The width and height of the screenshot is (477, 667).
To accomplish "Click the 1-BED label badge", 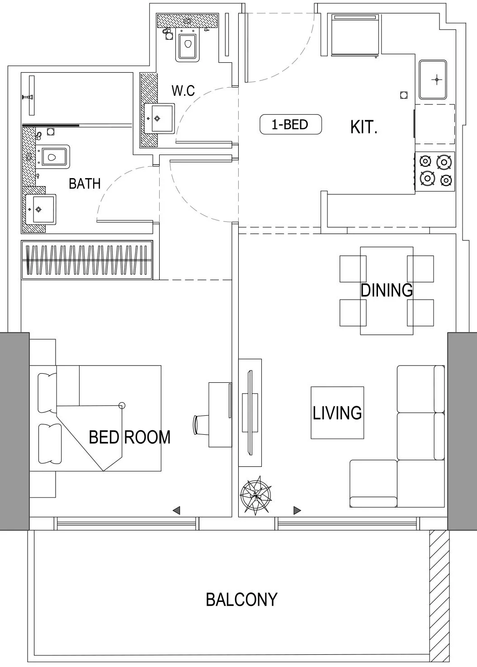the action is pyautogui.click(x=290, y=124).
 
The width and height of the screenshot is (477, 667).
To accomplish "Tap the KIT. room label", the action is pyautogui.click(x=364, y=127).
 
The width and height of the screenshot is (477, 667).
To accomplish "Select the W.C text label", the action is pyautogui.click(x=183, y=90).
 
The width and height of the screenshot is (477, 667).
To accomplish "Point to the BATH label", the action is pyautogui.click(x=85, y=183).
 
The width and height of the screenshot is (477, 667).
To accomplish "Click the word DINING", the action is pyautogui.click(x=387, y=290).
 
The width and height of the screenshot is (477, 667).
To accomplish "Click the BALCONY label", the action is pyautogui.click(x=241, y=599).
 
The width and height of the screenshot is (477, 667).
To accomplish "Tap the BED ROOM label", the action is pyautogui.click(x=130, y=437).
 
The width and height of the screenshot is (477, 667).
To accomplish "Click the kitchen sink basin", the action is pyautogui.click(x=433, y=80).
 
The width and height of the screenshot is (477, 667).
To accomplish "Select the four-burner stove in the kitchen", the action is pyautogui.click(x=434, y=172).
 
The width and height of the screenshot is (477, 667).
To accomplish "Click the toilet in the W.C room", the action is pyautogui.click(x=187, y=45).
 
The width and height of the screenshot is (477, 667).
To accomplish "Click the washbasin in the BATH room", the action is pyautogui.click(x=41, y=209).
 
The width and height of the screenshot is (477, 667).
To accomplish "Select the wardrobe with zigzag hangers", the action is pyautogui.click(x=87, y=260).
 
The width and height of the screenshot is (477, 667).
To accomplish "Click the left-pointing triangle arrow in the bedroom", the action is pyautogui.click(x=176, y=510).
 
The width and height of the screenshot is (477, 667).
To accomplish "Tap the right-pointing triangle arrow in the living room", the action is pyautogui.click(x=297, y=510).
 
